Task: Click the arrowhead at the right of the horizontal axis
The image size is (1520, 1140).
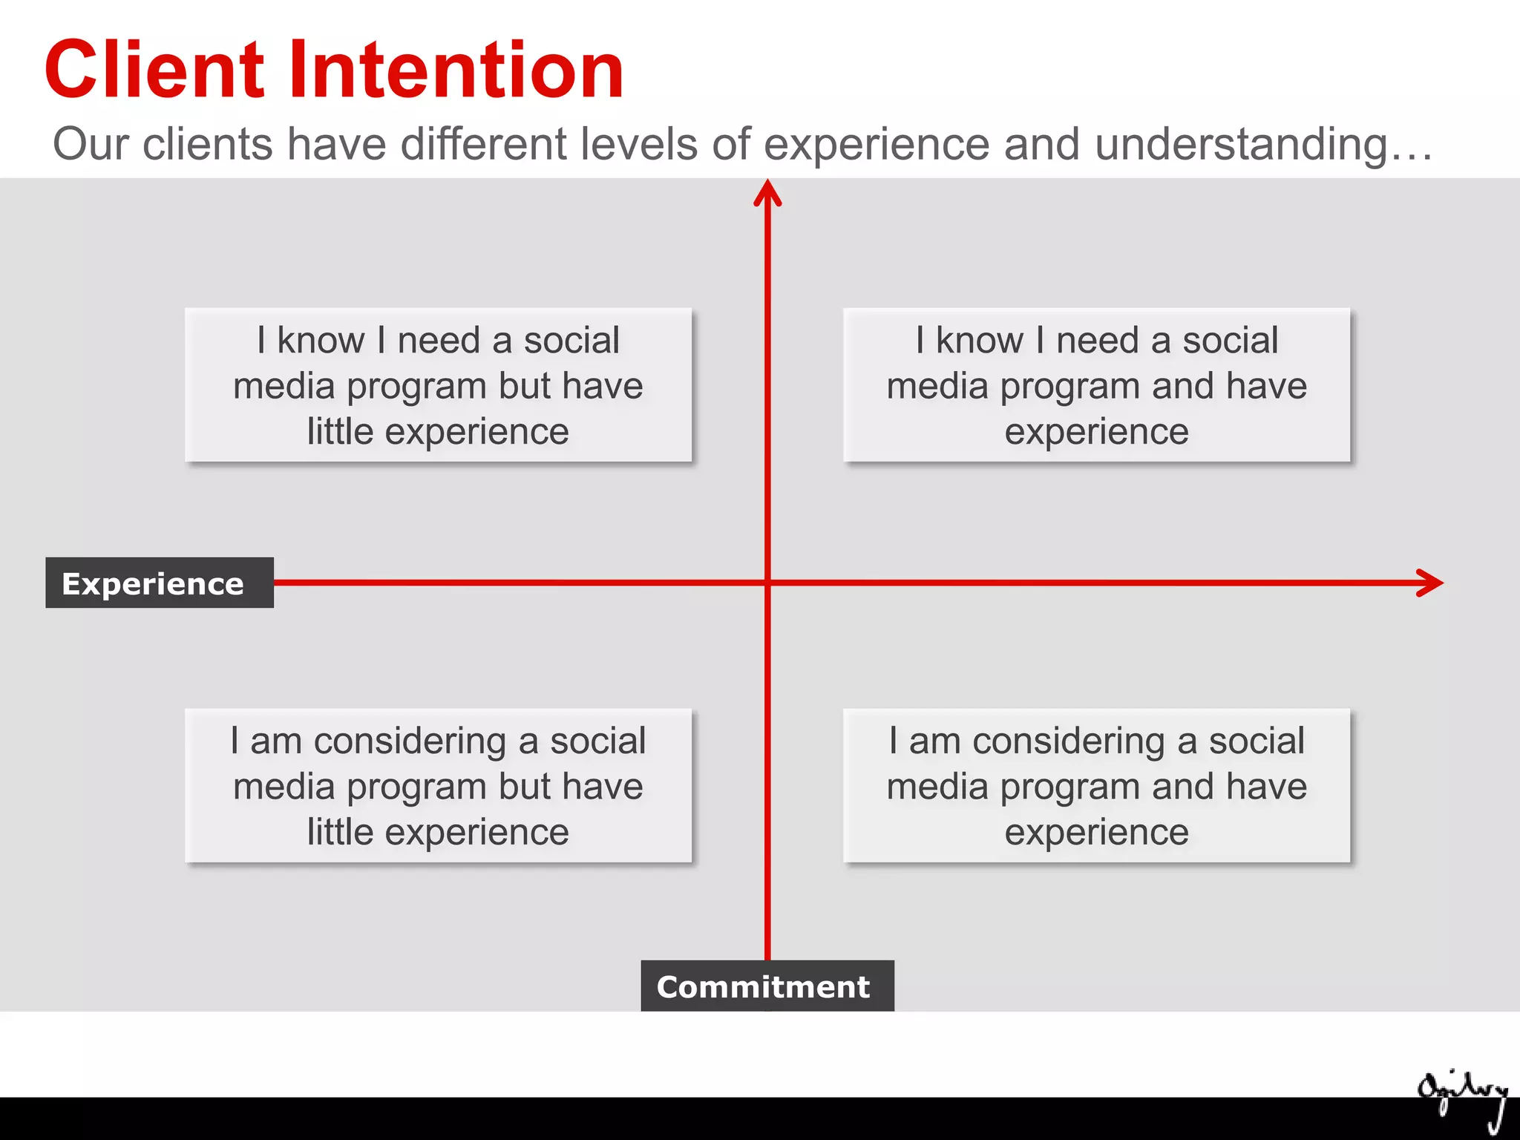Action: (x=1429, y=583)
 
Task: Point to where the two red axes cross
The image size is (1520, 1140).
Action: (x=767, y=583)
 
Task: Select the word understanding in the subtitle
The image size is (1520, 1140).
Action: (x=1240, y=144)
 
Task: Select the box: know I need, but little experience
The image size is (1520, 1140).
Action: (x=438, y=385)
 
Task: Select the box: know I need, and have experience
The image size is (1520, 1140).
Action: (x=1096, y=385)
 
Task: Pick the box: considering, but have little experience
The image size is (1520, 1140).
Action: (x=438, y=786)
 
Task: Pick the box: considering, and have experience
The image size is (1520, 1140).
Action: (x=1096, y=786)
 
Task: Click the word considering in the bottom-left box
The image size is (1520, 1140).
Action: (x=410, y=741)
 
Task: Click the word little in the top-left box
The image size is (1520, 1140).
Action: (x=340, y=431)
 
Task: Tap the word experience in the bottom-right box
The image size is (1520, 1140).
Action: (x=1096, y=832)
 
